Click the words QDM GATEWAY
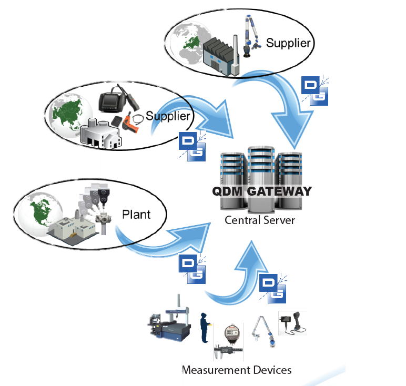[x=262, y=191]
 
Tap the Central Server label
[x=260, y=219]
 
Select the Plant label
[x=136, y=214]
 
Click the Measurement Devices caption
[x=236, y=370]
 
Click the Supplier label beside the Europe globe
[x=289, y=43]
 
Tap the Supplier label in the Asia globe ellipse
[x=167, y=115]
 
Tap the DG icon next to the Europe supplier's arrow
[x=314, y=90]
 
